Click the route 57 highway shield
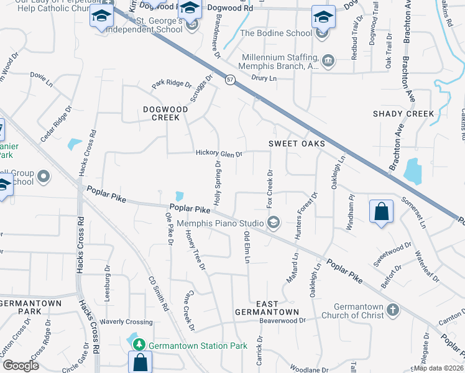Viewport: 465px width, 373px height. pos(230,80)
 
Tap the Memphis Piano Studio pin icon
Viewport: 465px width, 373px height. pos(273,223)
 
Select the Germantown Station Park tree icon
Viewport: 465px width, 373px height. pos(141,344)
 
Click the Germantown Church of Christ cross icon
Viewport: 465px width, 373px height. pos(392,310)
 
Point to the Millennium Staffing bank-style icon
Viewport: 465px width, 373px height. pos(328,61)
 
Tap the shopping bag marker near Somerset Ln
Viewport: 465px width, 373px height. pos(381,211)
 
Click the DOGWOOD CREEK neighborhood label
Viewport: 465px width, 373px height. pos(152,113)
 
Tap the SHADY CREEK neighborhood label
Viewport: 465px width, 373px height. pos(403,114)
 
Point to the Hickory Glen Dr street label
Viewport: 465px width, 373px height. pos(219,154)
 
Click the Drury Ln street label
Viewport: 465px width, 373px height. pos(264,78)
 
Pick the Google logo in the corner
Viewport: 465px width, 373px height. pos(21,365)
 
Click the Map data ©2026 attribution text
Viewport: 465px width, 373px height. pos(438,368)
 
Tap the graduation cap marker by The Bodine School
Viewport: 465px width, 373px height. pos(323,17)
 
